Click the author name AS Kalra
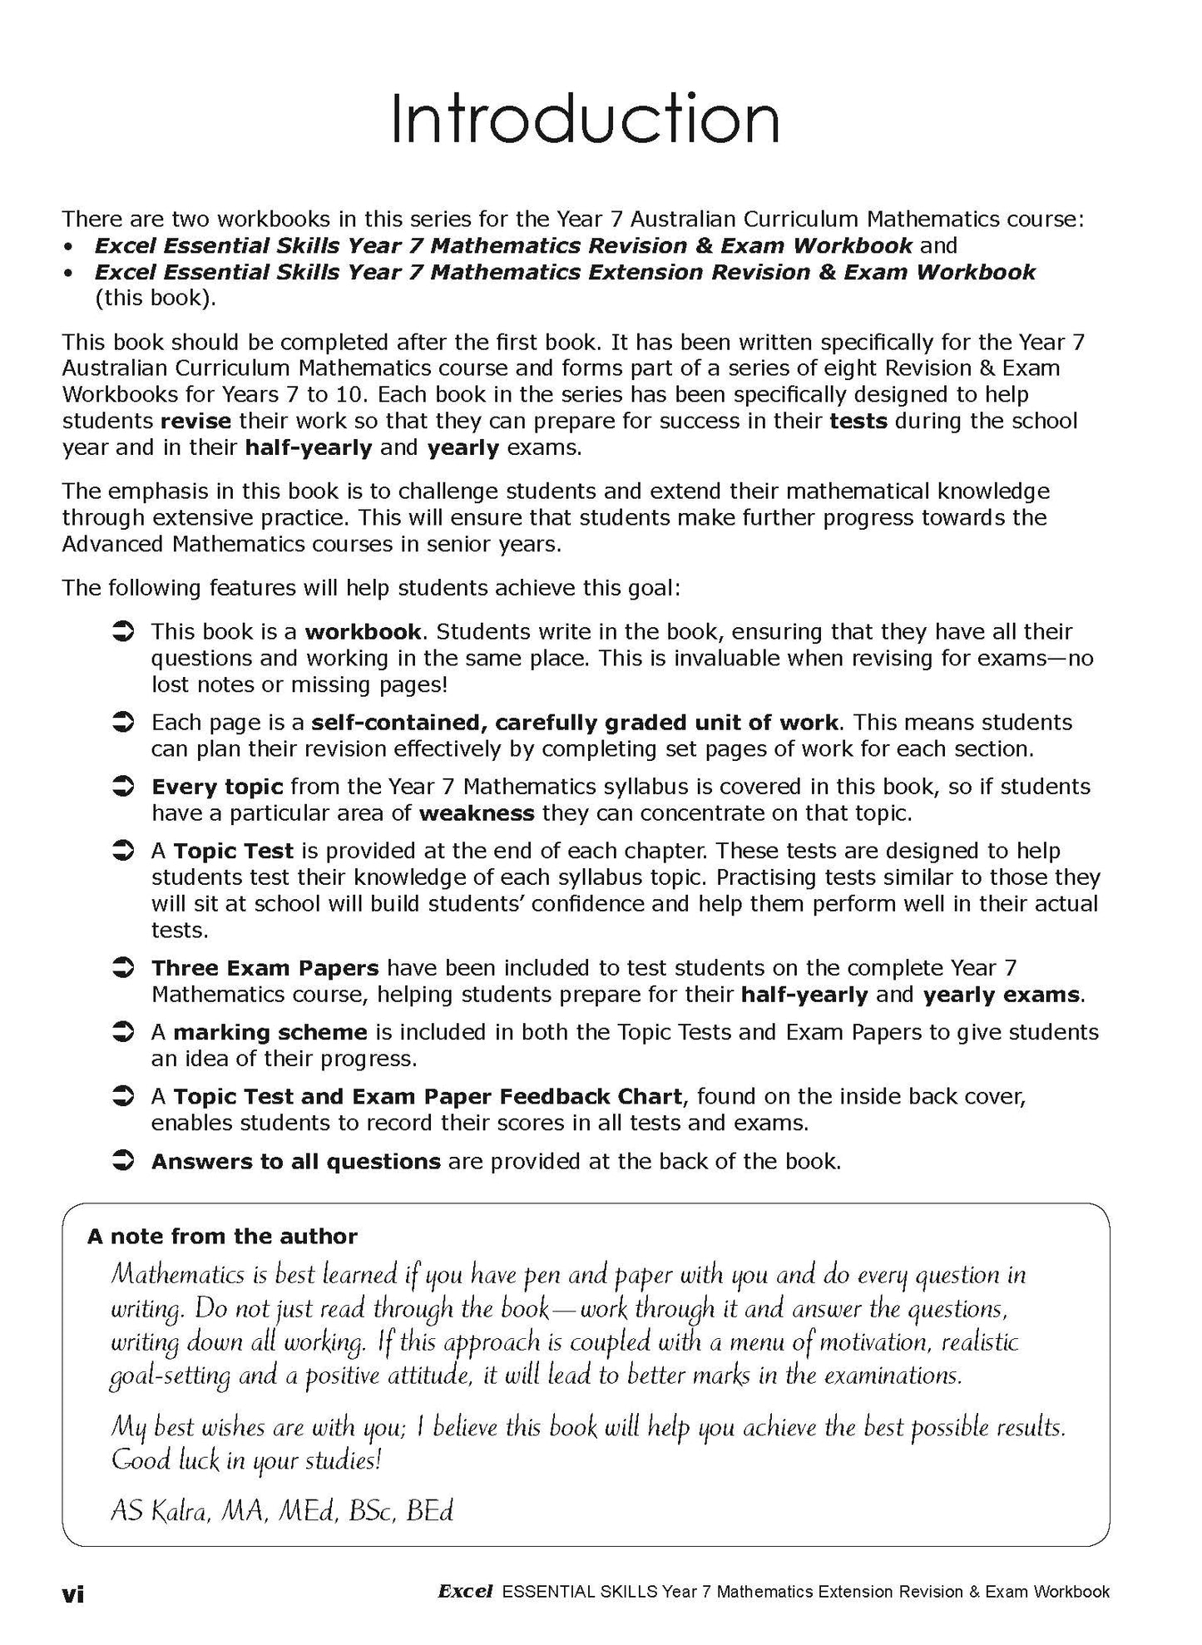pos(161,1511)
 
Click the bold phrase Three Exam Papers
pos(265,968)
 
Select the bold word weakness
pos(477,813)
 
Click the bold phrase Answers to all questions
pos(295,1161)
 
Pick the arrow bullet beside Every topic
pos(123,786)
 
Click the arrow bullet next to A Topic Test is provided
pos(123,851)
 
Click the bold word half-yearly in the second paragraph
pos(308,447)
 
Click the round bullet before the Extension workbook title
pos(71,272)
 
